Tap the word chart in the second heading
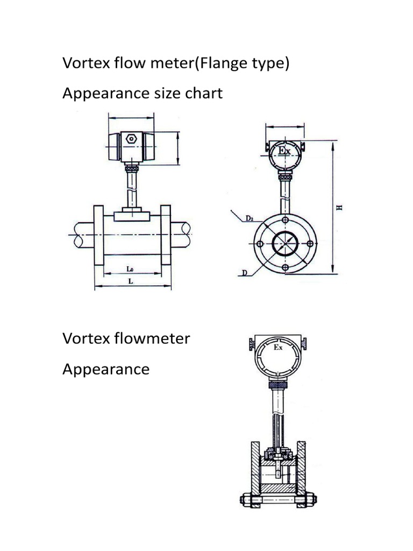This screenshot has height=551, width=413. [203, 93]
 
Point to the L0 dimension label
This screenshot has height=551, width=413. [131, 268]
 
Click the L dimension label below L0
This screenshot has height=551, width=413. [130, 281]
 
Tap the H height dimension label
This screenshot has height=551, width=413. [339, 208]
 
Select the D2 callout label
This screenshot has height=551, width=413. [250, 218]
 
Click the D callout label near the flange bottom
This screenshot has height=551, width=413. [244, 273]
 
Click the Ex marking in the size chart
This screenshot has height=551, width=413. [284, 151]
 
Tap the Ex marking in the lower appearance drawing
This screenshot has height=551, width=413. [278, 348]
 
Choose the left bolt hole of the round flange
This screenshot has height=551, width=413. [260, 244]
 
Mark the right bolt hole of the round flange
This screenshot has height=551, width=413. [309, 244]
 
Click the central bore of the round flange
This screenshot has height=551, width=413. [284, 244]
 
